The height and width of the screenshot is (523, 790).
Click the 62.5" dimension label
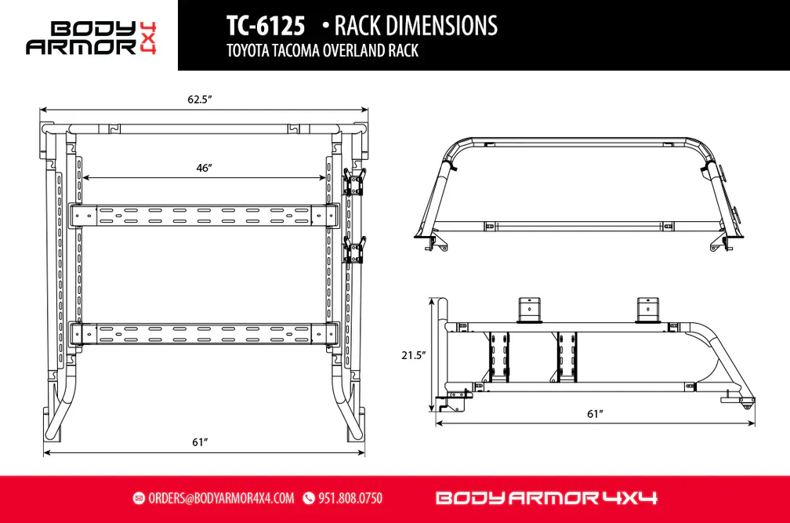click(200, 100)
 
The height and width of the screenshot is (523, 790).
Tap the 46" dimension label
click(204, 167)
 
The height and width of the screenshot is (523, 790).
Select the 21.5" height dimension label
click(413, 355)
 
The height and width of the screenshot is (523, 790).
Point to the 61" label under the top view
click(200, 442)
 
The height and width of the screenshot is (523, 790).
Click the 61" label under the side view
click(595, 414)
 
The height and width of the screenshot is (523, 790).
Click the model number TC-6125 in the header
click(266, 26)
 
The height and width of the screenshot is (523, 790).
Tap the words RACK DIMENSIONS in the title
click(415, 26)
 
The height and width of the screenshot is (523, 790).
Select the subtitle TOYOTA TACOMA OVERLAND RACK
click(322, 51)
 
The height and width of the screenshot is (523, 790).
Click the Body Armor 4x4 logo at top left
click(91, 38)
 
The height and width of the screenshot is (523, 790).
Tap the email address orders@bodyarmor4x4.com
click(221, 499)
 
